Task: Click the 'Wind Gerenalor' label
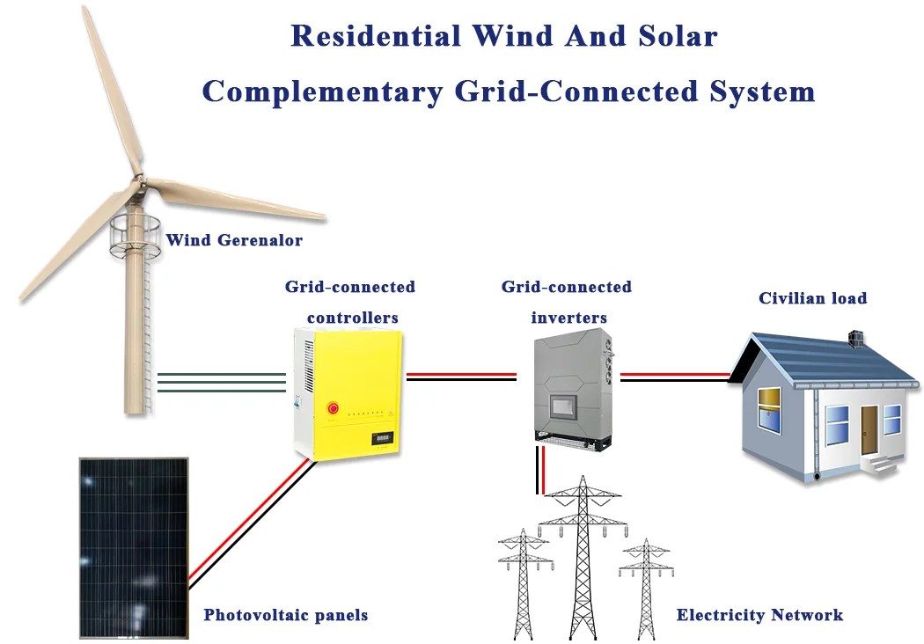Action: click(x=233, y=239)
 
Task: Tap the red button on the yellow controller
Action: click(x=334, y=407)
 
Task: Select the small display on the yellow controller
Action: click(x=383, y=437)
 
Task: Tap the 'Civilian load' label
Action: click(x=812, y=298)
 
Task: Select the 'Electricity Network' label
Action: click(x=759, y=615)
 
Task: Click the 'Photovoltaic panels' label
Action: click(x=285, y=615)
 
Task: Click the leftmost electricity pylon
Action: click(x=524, y=581)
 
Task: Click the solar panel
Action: click(x=133, y=545)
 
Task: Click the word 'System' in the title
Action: click(x=763, y=91)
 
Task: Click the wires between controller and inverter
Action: click(x=460, y=377)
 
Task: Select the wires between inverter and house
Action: click(x=675, y=377)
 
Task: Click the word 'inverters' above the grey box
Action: click(x=568, y=317)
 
